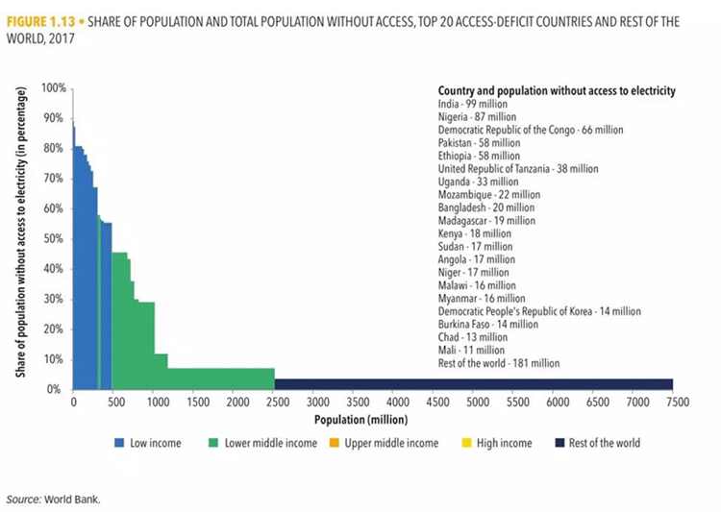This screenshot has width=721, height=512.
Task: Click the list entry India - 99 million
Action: [472, 104]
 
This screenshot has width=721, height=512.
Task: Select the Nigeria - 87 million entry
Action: [477, 117]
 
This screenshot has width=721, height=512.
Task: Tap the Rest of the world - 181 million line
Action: [498, 364]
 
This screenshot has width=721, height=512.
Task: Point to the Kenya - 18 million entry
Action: [474, 233]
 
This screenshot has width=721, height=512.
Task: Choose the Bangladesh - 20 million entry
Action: [485, 207]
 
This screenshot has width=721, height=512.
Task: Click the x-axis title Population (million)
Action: [360, 420]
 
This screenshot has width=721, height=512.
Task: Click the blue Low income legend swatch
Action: [119, 444]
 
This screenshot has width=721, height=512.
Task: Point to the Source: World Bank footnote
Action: [53, 500]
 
